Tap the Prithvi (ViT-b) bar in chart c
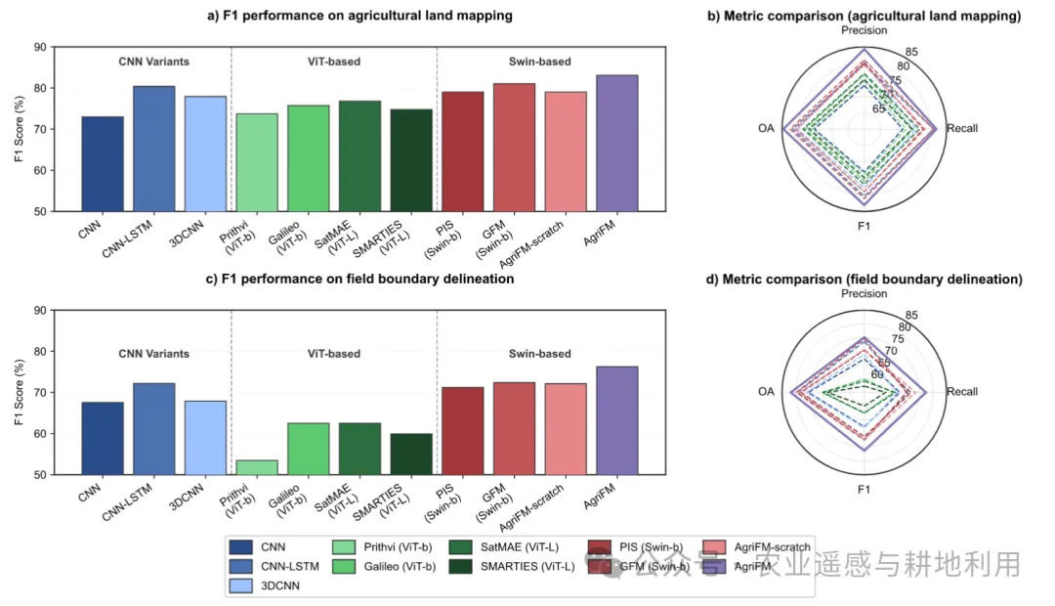click(257, 467)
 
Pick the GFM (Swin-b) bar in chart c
click(514, 428)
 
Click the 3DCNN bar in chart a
click(205, 153)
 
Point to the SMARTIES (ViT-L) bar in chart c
click(410, 454)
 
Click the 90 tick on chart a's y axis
click(39, 47)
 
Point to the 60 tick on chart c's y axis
click(39, 434)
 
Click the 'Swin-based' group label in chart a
click(540, 62)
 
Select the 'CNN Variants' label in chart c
click(153, 354)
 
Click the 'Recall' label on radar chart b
click(961, 128)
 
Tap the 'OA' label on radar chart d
click(766, 392)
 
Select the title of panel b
click(864, 16)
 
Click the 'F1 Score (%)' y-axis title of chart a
click(20, 128)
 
